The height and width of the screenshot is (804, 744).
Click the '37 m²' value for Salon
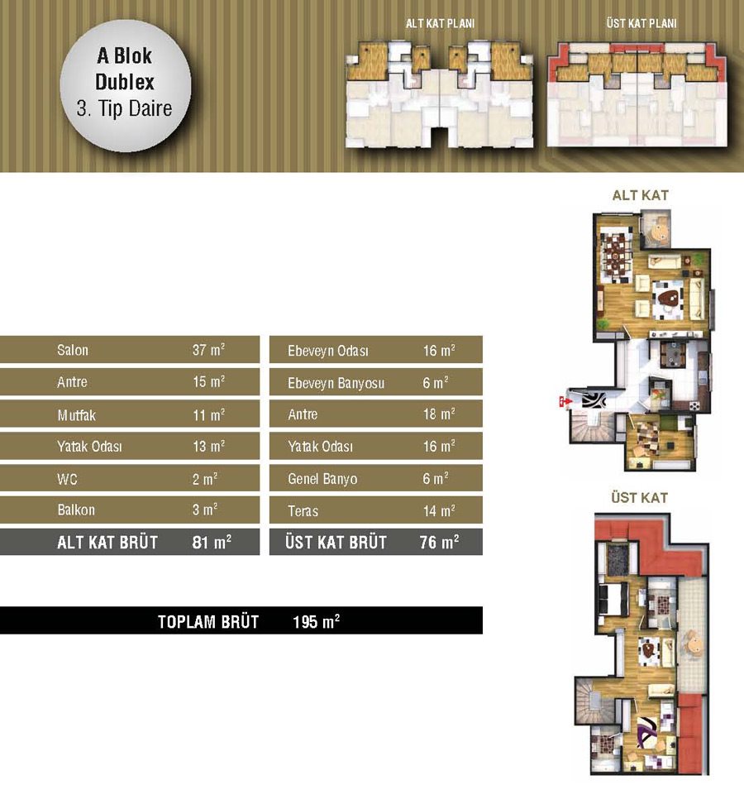208,350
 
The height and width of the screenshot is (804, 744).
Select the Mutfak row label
76,414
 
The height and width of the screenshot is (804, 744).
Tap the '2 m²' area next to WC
205,479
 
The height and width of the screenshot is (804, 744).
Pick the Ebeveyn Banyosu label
336,383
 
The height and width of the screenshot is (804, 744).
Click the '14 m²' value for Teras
439,510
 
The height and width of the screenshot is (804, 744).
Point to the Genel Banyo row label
322,479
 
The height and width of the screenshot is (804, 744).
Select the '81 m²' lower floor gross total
212,542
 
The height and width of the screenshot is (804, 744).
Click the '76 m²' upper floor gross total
439,542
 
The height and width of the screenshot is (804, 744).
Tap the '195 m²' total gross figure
316,621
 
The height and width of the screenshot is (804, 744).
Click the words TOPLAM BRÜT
208,621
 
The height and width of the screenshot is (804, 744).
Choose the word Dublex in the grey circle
125,82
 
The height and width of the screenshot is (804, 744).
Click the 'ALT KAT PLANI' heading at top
440,23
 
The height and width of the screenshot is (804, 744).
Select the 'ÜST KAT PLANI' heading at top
641,23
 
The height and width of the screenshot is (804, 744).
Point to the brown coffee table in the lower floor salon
668,298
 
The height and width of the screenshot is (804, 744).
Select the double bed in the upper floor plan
614,598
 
